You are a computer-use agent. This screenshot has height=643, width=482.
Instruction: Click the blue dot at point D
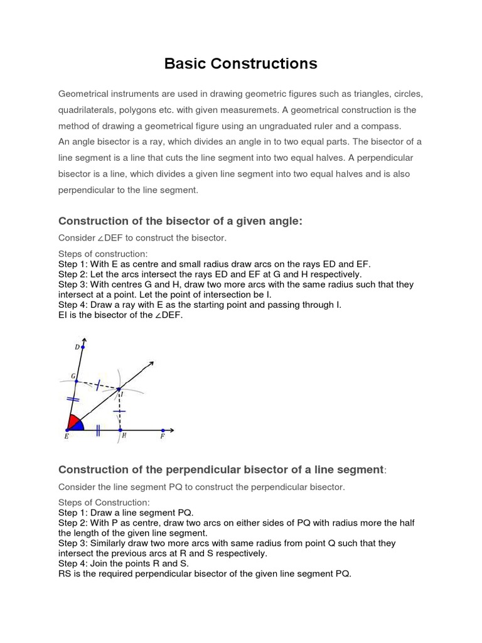pyautogui.click(x=83, y=346)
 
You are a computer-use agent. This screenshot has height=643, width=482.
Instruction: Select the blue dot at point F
pyautogui.click(x=163, y=431)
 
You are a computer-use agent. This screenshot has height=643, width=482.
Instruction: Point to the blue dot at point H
pyautogui.click(x=120, y=431)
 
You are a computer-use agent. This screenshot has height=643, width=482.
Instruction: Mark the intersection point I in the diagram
pyautogui.click(x=119, y=390)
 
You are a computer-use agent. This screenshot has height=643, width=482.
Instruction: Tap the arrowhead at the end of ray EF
pyautogui.click(x=171, y=431)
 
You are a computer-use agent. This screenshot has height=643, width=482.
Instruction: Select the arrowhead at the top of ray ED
pyautogui.click(x=84, y=338)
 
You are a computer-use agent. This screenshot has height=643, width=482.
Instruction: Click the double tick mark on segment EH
pyautogui.click(x=98, y=431)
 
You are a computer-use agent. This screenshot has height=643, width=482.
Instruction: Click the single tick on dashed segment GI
pyautogui.click(x=97, y=385)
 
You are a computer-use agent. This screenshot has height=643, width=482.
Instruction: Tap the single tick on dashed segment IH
pyautogui.click(x=119, y=411)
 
